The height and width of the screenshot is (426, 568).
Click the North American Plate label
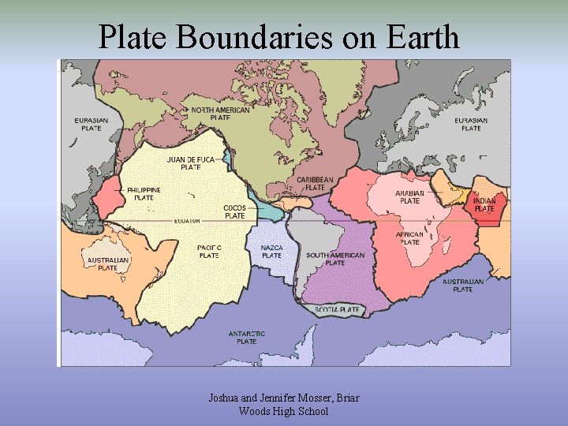pyautogui.click(x=220, y=114)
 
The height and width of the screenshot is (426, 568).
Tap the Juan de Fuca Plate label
pyautogui.click(x=190, y=163)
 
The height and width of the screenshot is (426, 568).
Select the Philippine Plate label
pyautogui.click(x=144, y=193)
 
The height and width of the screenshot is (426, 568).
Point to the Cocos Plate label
pyautogui.click(x=234, y=211)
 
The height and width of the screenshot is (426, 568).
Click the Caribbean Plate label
pyautogui.click(x=315, y=184)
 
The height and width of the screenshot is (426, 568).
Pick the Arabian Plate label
pyautogui.click(x=410, y=196)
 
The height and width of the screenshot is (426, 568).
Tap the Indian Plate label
pyautogui.click(x=484, y=204)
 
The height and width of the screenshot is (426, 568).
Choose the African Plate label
pyautogui.click(x=410, y=238)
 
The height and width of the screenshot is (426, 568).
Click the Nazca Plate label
pyautogui.click(x=271, y=251)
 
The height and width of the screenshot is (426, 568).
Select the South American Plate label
pyautogui.click(x=335, y=259)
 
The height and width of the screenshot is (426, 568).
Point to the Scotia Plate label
pyautogui.click(x=338, y=310)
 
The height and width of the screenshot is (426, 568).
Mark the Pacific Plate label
pyautogui.click(x=209, y=251)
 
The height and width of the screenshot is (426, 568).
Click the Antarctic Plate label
pyautogui.click(x=247, y=338)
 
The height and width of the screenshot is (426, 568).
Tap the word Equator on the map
pyautogui.click(x=187, y=221)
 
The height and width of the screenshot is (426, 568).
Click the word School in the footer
pyautogui.click(x=311, y=411)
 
